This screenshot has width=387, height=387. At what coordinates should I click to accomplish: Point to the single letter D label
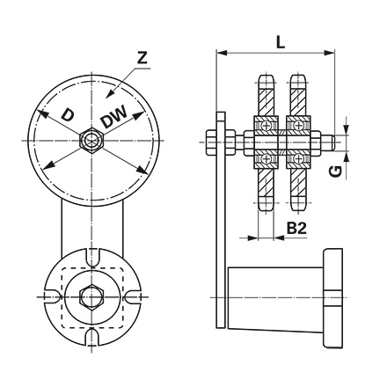tap(68, 113)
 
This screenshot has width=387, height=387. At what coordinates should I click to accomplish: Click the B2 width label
tap(297, 228)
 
